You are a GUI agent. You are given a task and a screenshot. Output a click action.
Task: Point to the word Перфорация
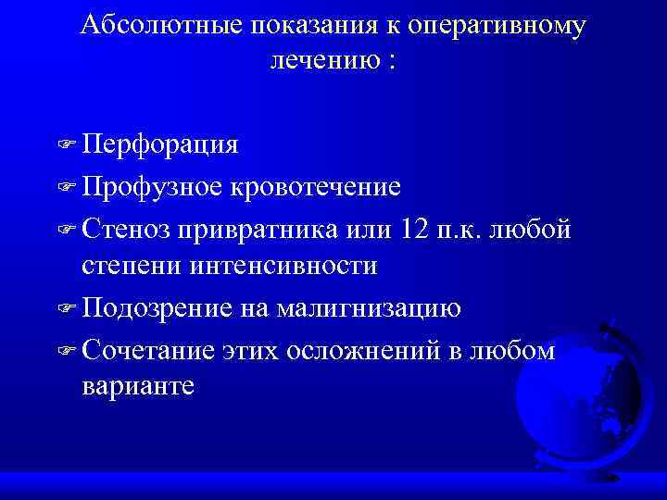(159, 145)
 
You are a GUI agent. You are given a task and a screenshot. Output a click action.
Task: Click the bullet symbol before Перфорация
(67, 146)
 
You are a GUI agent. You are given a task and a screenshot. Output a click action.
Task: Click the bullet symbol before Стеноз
(67, 228)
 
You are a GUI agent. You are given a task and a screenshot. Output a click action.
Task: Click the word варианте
(138, 386)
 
